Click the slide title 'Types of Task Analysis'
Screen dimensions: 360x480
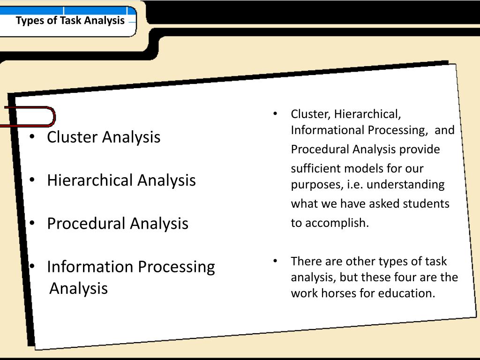click(70, 21)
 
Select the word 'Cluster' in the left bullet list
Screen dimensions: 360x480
click(72, 137)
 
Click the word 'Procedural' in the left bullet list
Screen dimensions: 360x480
click(87, 224)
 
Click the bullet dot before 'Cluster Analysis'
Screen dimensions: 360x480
click(32, 137)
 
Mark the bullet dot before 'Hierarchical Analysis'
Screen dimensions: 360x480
click(32, 180)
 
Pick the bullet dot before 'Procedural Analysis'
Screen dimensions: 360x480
click(32, 224)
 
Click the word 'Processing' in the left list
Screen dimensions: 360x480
click(178, 267)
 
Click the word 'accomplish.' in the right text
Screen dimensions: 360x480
click(337, 223)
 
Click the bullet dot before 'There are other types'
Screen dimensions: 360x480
click(276, 261)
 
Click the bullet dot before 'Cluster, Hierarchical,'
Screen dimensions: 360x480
click(276, 114)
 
